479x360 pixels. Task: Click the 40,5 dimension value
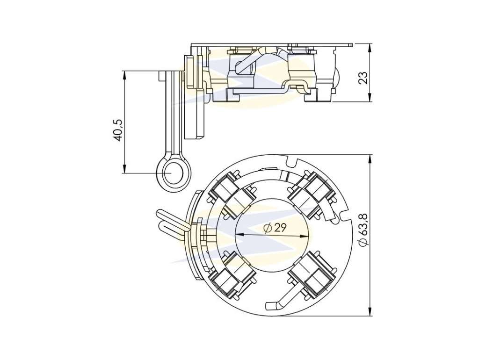pos(118,130)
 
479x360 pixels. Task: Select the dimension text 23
pos(363,78)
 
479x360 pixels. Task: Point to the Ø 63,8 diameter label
pos(363,230)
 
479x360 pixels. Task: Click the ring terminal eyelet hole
pos(173,173)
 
